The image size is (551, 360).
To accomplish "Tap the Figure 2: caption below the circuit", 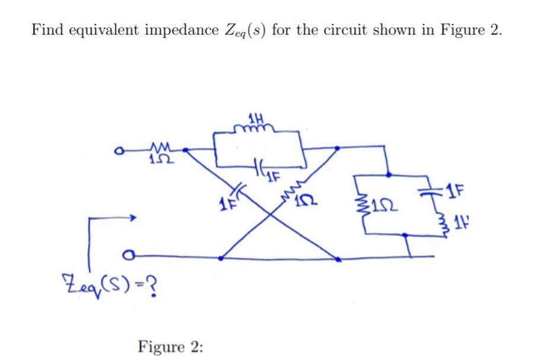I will [170, 346].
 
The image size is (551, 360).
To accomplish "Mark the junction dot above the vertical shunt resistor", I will [389, 175].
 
